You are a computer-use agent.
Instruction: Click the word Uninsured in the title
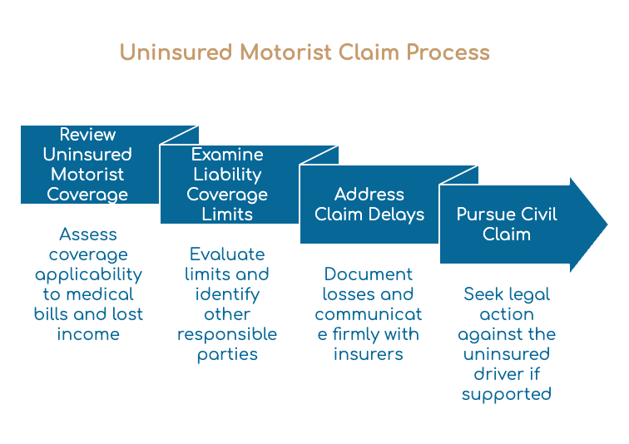176,52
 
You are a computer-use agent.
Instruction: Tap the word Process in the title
448,52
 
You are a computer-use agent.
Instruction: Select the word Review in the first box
87,134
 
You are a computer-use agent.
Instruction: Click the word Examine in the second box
227,155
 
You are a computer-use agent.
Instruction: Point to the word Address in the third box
369,195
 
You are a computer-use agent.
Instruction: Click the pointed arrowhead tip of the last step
607,224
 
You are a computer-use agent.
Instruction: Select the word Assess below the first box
88,234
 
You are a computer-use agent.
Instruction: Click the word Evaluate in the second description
227,254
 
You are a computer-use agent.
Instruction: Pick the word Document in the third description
369,274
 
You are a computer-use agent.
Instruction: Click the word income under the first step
88,334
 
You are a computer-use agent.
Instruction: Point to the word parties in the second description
227,355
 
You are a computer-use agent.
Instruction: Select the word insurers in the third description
369,354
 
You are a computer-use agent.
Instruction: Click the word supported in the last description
506,394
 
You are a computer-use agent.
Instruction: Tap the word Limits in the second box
227,214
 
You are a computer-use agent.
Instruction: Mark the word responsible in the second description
227,334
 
